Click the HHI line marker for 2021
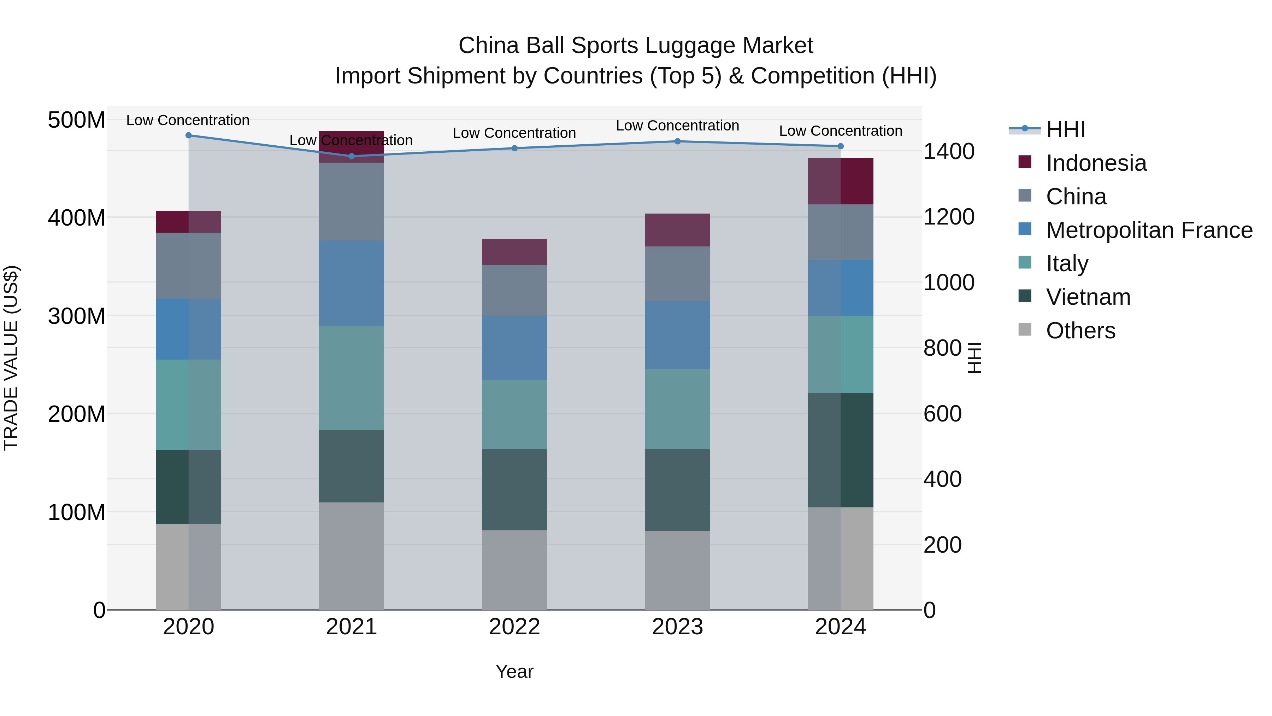click(352, 156)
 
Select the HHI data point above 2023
click(677, 141)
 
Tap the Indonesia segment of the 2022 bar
click(514, 252)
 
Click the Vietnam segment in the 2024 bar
click(841, 450)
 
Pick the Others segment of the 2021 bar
click(352, 556)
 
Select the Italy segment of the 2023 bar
click(677, 409)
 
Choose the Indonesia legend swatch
click(1025, 162)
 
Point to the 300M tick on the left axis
click(77, 316)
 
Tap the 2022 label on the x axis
click(514, 627)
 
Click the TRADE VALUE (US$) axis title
click(11, 358)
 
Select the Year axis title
click(514, 671)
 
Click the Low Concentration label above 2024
click(841, 131)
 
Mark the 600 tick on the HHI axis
click(942, 414)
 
